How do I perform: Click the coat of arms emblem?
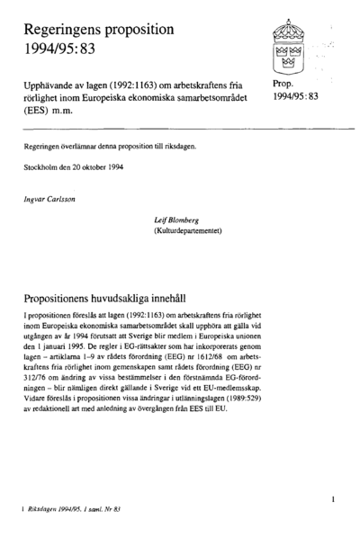(291, 50)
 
